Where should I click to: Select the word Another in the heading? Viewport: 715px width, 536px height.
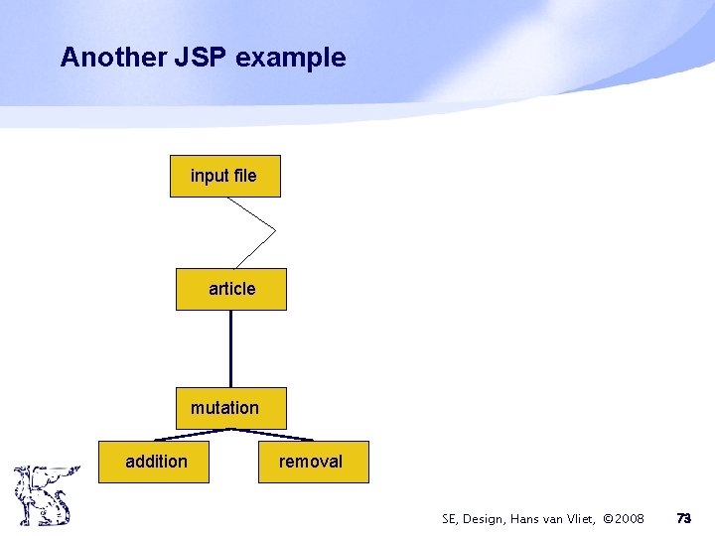(96, 58)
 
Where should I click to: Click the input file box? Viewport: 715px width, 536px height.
(224, 177)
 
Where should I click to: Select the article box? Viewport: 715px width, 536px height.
(231, 289)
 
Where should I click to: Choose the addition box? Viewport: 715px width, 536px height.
(154, 462)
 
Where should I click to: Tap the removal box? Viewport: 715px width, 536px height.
(313, 462)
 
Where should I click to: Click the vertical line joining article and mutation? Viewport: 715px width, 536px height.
(230, 348)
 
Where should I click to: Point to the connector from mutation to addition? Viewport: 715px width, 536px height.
(193, 434)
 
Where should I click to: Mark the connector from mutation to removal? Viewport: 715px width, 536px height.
(272, 434)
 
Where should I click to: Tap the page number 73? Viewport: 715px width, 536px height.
(683, 518)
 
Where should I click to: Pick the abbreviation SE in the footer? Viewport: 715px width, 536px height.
(451, 519)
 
